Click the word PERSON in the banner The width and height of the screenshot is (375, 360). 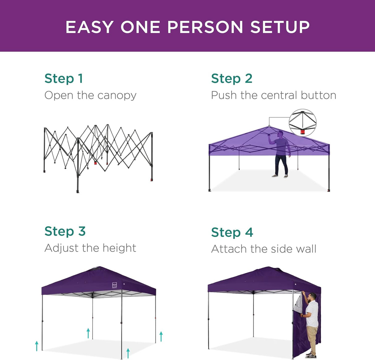click(x=205, y=27)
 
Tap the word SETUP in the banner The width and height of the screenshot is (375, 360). click(x=280, y=27)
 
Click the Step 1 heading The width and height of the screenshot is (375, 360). click(x=64, y=78)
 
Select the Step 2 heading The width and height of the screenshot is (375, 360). click(x=232, y=78)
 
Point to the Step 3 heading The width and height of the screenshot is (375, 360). click(x=65, y=231)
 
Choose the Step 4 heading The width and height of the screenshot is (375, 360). click(x=232, y=232)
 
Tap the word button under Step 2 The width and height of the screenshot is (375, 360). click(x=318, y=95)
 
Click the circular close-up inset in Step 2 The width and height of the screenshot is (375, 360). click(x=302, y=123)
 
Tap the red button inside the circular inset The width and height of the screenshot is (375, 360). click(x=302, y=132)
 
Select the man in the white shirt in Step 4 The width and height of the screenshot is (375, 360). click(x=311, y=321)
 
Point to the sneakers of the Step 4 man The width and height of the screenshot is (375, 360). click(x=311, y=356)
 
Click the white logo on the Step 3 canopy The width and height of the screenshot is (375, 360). click(x=115, y=285)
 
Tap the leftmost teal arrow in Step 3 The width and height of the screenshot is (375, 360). click(x=37, y=346)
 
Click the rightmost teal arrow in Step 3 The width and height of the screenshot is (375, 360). click(x=161, y=336)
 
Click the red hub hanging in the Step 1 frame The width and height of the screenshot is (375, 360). click(x=96, y=163)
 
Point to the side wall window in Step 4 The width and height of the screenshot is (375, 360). click(x=298, y=304)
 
